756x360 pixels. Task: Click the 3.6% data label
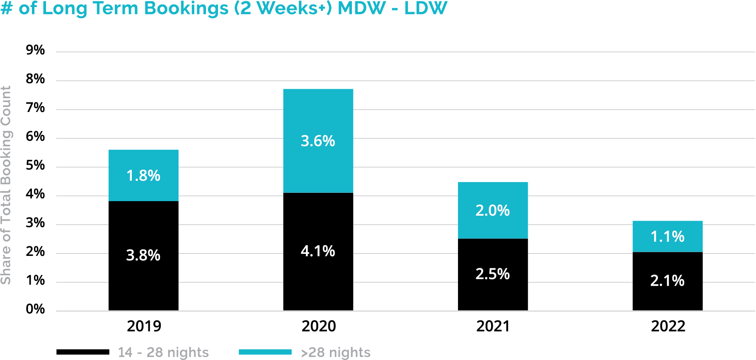tap(318, 141)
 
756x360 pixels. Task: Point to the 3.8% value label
tap(143, 255)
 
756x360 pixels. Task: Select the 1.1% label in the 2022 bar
tap(667, 236)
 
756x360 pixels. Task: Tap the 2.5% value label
tap(492, 274)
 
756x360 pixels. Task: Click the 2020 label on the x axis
tap(318, 326)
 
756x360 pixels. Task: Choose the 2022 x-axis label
tap(668, 326)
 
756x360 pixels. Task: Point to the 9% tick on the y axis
tap(35, 50)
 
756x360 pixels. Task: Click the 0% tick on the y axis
tap(35, 309)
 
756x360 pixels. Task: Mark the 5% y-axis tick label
tap(35, 165)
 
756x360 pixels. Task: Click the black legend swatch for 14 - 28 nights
tap(83, 352)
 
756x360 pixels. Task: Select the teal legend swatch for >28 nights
tap(265, 352)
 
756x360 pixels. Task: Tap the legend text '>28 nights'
tap(335, 352)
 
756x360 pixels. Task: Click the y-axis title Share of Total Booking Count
tap(6, 185)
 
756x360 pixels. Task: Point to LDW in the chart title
tap(426, 8)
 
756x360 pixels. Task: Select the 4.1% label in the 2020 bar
tap(318, 251)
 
